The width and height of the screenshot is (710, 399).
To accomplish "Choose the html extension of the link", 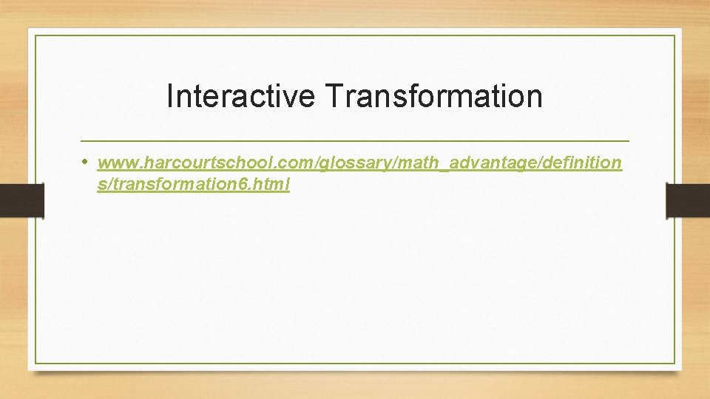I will [271, 185].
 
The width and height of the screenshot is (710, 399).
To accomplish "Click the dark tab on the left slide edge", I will [21, 201].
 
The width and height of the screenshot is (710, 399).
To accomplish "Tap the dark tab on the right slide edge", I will [688, 201].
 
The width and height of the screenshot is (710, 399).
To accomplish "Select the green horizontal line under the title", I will [355, 140].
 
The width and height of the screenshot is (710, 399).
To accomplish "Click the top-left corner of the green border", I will [35, 35].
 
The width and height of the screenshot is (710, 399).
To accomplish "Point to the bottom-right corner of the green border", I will [674, 363].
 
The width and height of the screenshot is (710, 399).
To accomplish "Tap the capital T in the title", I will [332, 96].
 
